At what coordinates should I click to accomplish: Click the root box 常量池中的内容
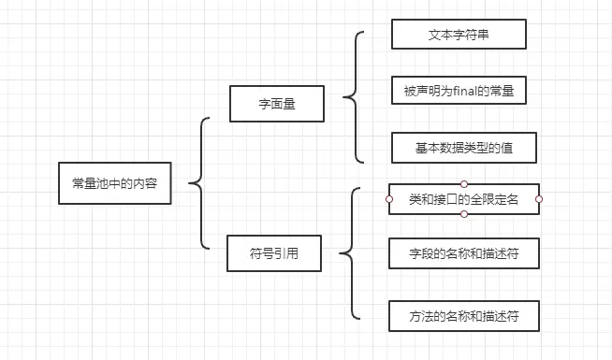[114, 184]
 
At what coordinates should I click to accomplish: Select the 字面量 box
[276, 104]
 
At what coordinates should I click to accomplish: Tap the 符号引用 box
[274, 253]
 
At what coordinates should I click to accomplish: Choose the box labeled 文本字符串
[459, 35]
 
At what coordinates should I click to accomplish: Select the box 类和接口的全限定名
[464, 199]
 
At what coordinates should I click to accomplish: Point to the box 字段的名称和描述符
[464, 253]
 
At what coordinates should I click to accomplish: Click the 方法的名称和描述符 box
[464, 316]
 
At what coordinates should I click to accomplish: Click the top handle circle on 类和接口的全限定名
[464, 183]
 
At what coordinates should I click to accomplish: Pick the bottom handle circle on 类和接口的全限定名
[464, 214]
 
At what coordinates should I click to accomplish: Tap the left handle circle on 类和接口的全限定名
[388, 199]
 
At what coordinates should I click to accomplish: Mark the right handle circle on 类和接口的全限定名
[539, 199]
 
